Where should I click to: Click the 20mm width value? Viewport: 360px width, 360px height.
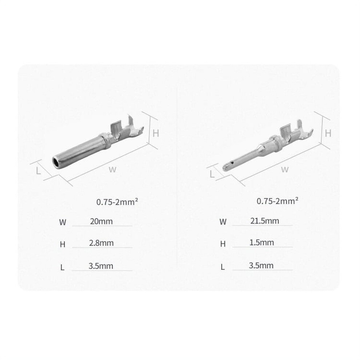(x=101, y=221)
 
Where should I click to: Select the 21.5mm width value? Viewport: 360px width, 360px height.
(x=265, y=221)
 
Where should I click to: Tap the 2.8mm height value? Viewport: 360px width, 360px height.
(x=101, y=243)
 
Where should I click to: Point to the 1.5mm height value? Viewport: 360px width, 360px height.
(x=261, y=243)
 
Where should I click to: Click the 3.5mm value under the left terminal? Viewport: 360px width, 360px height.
(x=101, y=266)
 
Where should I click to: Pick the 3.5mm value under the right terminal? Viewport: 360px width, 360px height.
(x=261, y=265)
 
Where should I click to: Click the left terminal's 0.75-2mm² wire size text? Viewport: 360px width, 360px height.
(x=117, y=202)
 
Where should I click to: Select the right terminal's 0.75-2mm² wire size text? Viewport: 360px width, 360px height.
(x=277, y=201)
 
